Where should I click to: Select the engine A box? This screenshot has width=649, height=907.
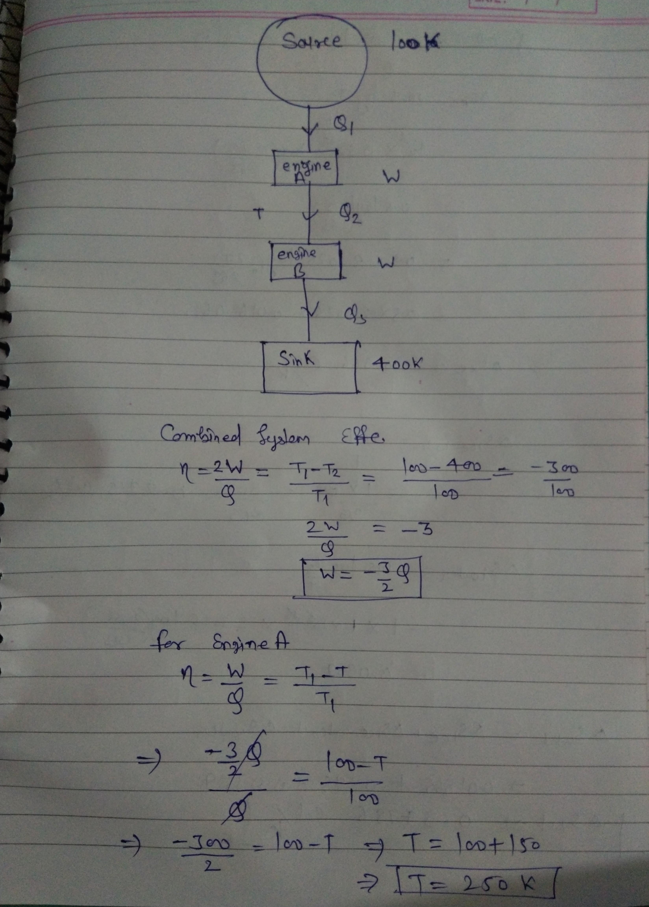[x=306, y=168]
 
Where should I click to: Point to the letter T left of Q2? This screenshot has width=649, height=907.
[x=260, y=215]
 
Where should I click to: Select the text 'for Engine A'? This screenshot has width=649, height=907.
[x=222, y=643]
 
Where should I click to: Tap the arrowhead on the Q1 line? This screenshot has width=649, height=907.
[x=309, y=130]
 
